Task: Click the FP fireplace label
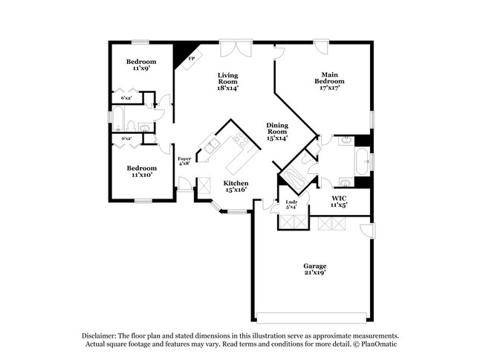tap(191, 58)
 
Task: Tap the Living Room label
tap(227, 81)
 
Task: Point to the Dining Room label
tap(277, 132)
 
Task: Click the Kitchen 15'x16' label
tap(236, 186)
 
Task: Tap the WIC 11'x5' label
tap(339, 201)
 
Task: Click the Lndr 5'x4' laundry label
tap(292, 204)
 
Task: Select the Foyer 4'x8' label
tap(184, 161)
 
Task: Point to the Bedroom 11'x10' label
tap(140, 172)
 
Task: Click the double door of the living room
tap(237, 49)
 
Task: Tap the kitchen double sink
tap(211, 146)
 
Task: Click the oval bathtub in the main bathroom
tap(361, 160)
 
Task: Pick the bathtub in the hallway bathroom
tap(117, 118)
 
